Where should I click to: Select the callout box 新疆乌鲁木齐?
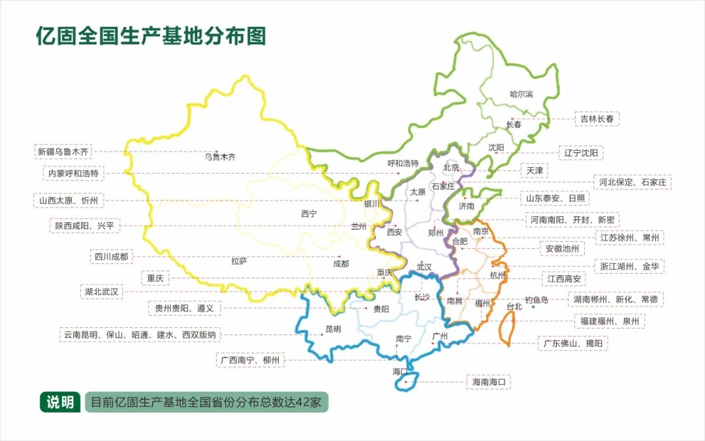tap(63, 152)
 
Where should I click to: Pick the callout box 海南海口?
tap(489, 382)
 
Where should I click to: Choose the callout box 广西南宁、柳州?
tap(250, 360)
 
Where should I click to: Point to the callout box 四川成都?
tap(112, 257)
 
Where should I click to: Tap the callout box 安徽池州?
tap(562, 248)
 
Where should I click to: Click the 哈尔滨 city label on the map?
tap(521, 94)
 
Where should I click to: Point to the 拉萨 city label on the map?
tap(239, 261)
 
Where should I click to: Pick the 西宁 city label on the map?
tap(309, 214)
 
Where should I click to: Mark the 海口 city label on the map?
tap(399, 371)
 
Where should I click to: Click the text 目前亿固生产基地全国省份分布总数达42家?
tap(206, 402)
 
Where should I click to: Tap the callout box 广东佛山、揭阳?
tap(573, 343)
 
